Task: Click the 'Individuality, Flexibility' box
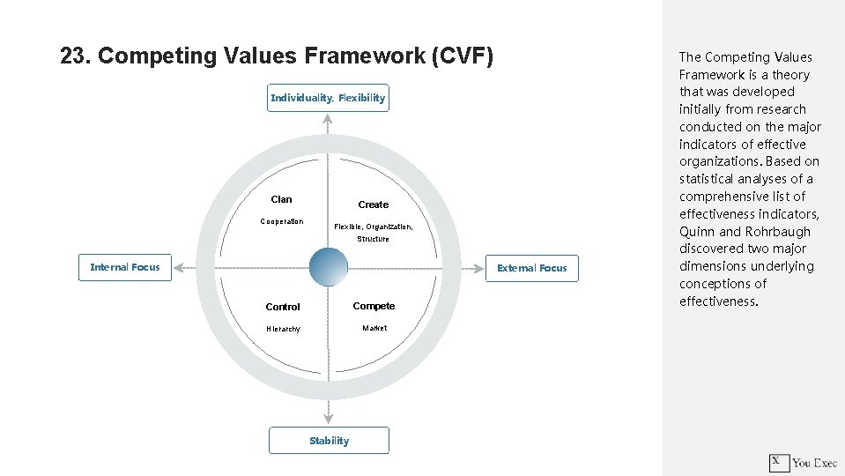pyautogui.click(x=328, y=98)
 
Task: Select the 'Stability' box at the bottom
pyautogui.click(x=329, y=441)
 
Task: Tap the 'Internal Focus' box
pyautogui.click(x=125, y=267)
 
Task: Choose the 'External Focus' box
pyautogui.click(x=532, y=268)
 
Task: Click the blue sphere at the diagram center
pyautogui.click(x=329, y=266)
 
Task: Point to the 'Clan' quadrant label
pyautogui.click(x=282, y=199)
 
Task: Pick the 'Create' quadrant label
pyautogui.click(x=373, y=205)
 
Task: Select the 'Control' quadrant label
pyautogui.click(x=283, y=307)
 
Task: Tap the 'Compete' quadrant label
pyautogui.click(x=374, y=306)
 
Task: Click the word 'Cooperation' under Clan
pyautogui.click(x=282, y=221)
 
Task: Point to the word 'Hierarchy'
pyautogui.click(x=283, y=329)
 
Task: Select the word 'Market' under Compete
pyautogui.click(x=374, y=328)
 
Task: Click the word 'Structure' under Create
pyautogui.click(x=373, y=239)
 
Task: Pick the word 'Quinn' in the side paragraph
pyautogui.click(x=696, y=232)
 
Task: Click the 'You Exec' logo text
pyautogui.click(x=814, y=463)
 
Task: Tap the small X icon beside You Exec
pyautogui.click(x=778, y=462)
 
